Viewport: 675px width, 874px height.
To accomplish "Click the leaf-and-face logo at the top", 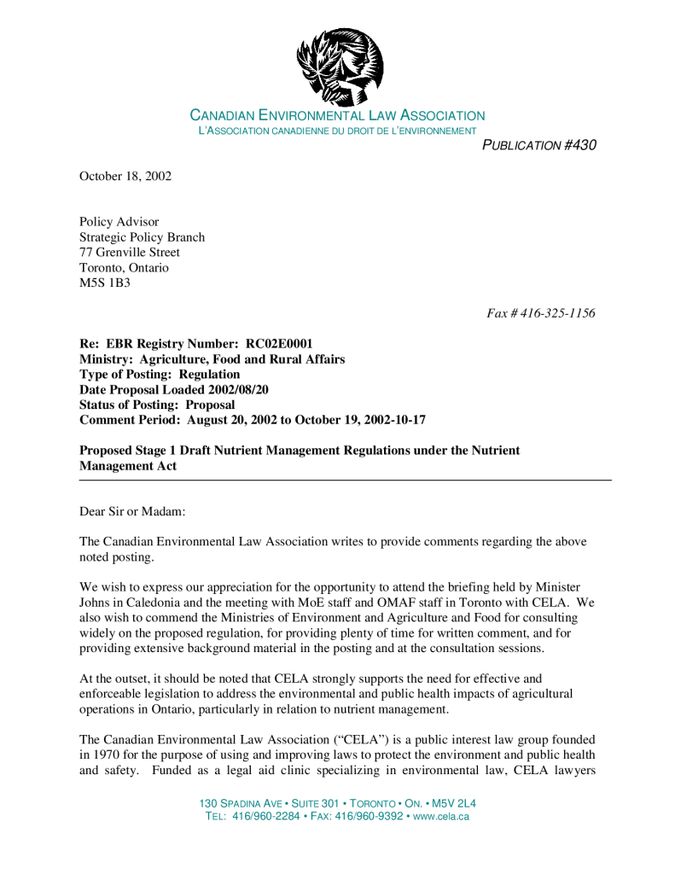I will (340, 65).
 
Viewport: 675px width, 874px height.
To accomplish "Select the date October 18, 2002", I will (125, 177).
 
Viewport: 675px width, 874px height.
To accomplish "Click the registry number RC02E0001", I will (285, 344).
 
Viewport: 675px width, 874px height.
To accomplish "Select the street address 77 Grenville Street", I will (130, 253).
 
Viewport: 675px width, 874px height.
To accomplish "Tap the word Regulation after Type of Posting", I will (209, 374).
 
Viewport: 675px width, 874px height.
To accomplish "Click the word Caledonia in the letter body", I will (145, 602).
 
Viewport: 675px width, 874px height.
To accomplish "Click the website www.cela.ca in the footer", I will (440, 817).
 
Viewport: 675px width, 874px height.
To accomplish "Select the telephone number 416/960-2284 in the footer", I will (263, 817).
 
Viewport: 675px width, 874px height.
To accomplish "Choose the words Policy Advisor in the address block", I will (119, 222).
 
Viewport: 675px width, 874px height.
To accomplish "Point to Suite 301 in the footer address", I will (316, 804).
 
